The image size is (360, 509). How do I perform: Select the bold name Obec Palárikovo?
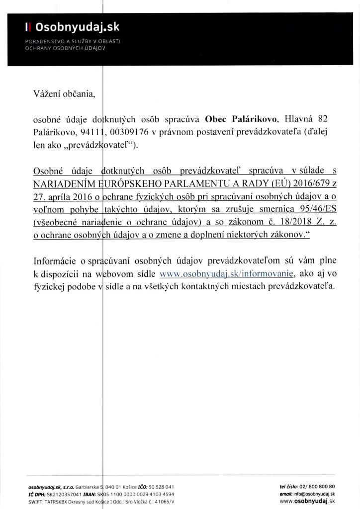(x=237, y=119)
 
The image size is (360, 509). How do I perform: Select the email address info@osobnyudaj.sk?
(x=320, y=495)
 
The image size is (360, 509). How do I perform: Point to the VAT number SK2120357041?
(x=68, y=495)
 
